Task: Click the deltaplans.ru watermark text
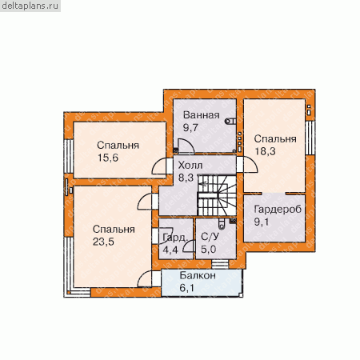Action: pos(30,6)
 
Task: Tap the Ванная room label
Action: pos(202,115)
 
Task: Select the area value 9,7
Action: pos(190,128)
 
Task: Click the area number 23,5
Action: pos(103,242)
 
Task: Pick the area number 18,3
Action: pos(265,151)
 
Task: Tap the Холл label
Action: pos(190,166)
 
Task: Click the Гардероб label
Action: pos(278,209)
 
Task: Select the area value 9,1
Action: pos(262,222)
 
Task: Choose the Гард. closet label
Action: pos(175,237)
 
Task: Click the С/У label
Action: pos(210,237)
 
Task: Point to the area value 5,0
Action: pos(208,250)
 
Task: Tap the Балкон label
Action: pos(198,275)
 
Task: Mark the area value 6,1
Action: pos(187,288)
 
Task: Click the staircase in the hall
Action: pos(217,195)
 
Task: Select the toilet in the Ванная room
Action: pos(230,122)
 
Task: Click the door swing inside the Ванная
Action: pos(186,146)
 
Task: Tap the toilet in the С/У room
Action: pos(222,223)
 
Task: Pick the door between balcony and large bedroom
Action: pos(149,278)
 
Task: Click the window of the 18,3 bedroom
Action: pos(310,138)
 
